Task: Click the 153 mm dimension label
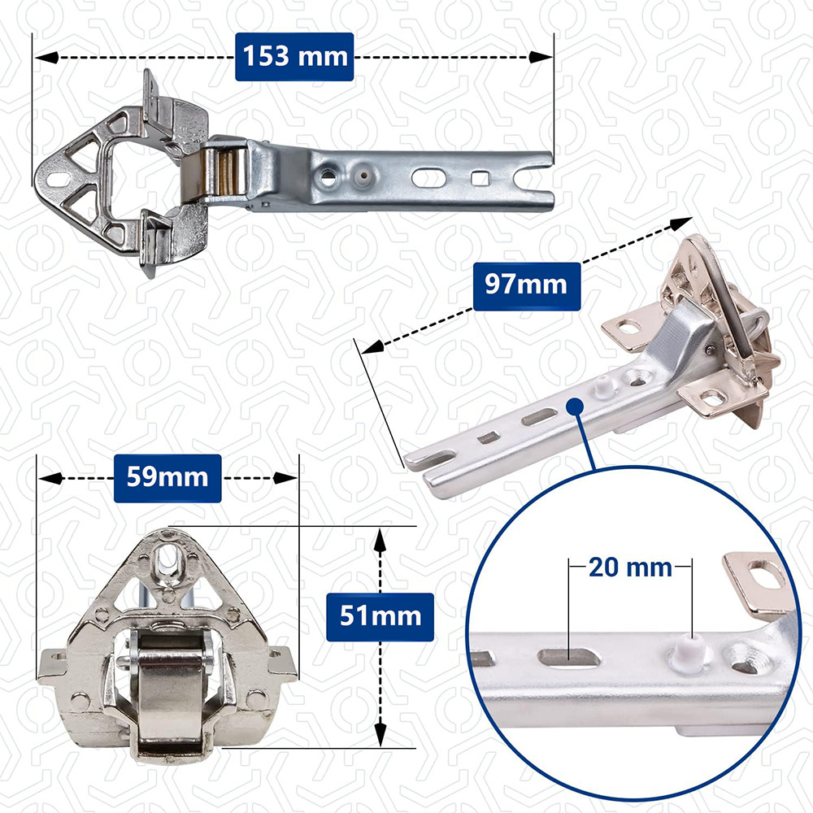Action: point(294,57)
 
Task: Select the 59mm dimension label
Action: point(167,477)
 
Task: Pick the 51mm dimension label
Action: point(380,616)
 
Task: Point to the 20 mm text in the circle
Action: point(630,567)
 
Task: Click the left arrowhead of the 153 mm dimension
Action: point(46,57)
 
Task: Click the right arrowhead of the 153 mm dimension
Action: point(541,57)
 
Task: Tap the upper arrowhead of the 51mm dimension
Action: point(380,540)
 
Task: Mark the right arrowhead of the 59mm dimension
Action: point(285,477)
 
